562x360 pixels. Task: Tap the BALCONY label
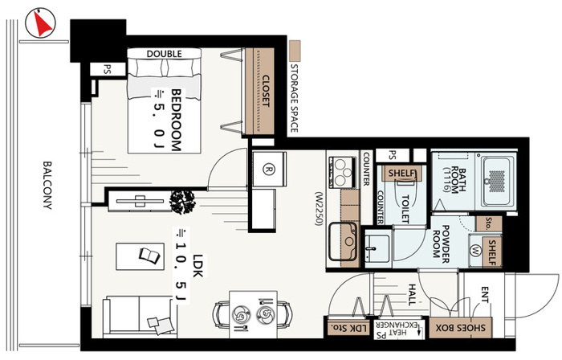(47, 185)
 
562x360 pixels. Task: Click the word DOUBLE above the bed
(164, 54)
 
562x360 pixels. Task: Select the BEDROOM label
(176, 120)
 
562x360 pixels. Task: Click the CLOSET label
(266, 91)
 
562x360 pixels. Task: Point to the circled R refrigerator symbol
(267, 170)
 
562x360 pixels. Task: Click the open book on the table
(149, 256)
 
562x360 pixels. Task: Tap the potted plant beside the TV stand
(182, 202)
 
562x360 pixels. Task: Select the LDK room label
(198, 265)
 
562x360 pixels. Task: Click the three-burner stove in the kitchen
(341, 172)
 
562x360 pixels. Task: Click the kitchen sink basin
(343, 241)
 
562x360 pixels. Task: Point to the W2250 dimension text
(319, 208)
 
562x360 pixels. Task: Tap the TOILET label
(405, 209)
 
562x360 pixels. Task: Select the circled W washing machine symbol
(475, 250)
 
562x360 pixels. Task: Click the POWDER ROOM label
(442, 241)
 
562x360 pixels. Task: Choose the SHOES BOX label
(461, 328)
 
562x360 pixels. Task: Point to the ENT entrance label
(485, 294)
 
